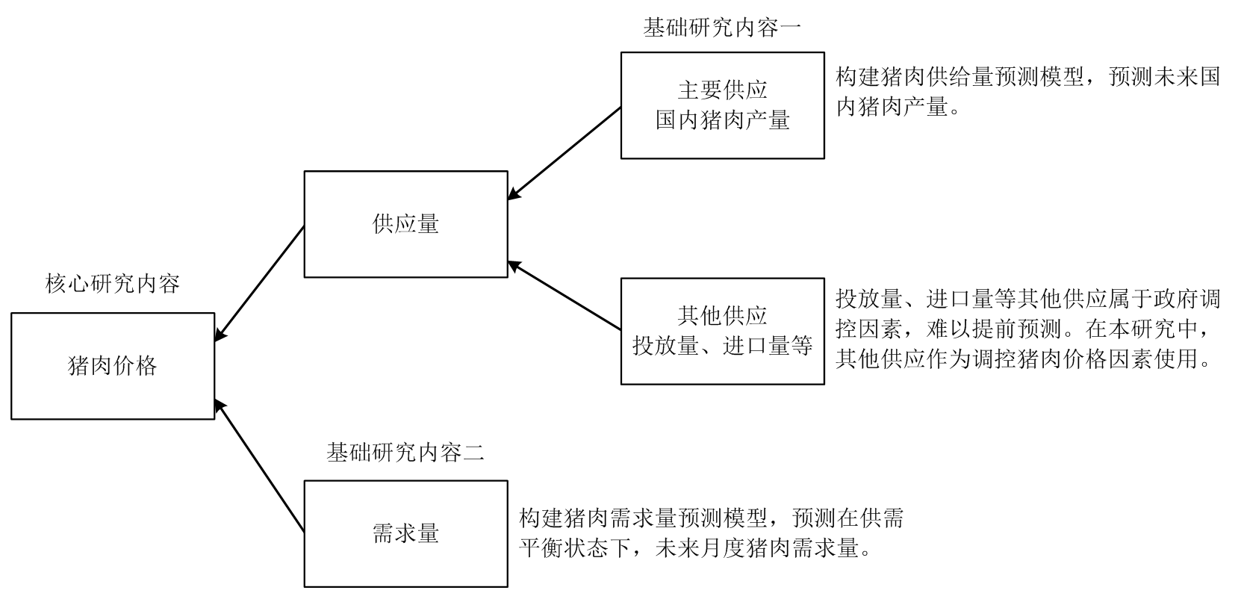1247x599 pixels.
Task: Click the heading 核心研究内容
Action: click(113, 285)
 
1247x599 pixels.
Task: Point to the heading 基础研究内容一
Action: click(722, 28)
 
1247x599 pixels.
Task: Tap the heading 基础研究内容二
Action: click(405, 452)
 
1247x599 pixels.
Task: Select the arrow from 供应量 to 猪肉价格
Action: click(259, 284)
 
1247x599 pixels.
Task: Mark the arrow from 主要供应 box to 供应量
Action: click(565, 153)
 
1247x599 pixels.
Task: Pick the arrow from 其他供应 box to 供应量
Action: click(565, 295)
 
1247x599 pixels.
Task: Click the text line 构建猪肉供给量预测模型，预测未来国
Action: click(1027, 77)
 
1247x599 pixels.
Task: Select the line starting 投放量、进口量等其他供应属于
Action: click(1027, 299)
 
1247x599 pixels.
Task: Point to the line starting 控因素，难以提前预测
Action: click(1027, 329)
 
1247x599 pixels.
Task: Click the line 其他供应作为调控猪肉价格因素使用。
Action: click(1023, 360)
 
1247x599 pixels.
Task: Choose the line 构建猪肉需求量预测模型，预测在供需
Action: click(711, 518)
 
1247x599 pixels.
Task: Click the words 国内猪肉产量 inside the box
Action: click(722, 120)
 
